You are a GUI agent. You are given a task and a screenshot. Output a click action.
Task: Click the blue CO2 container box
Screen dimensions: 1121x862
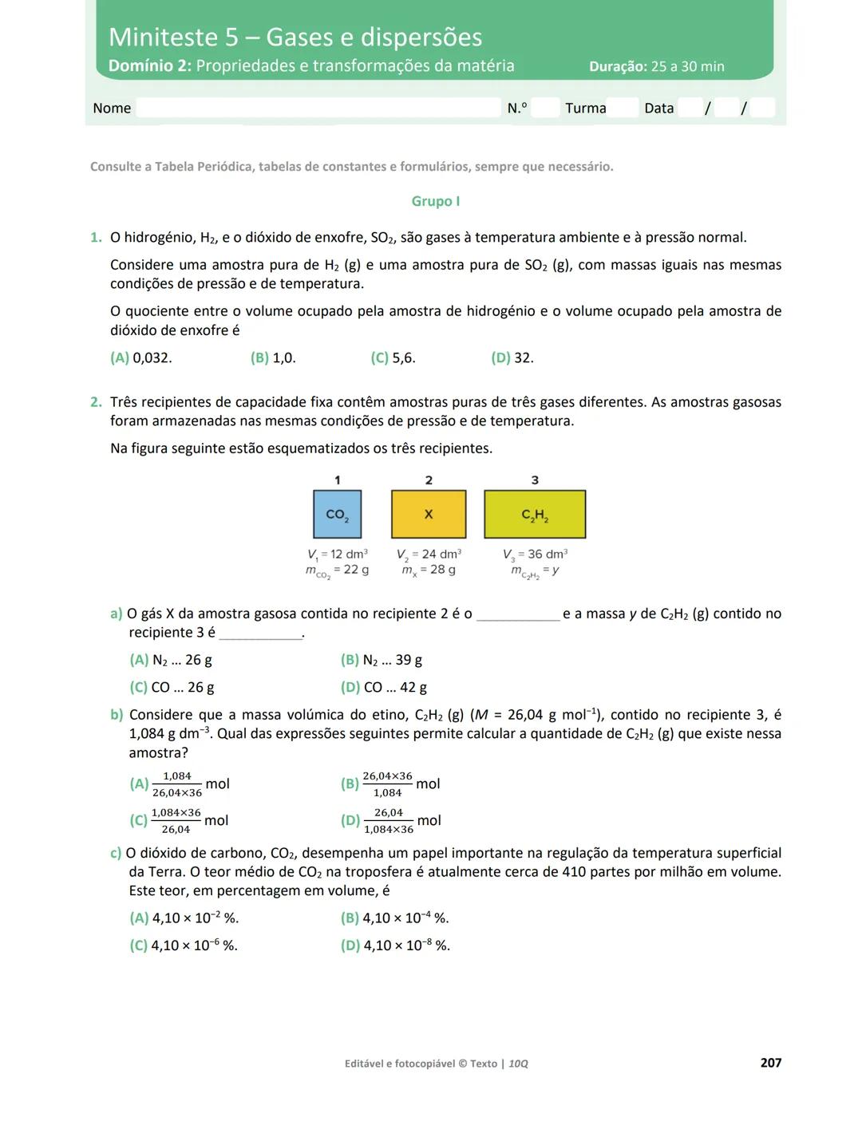(337, 514)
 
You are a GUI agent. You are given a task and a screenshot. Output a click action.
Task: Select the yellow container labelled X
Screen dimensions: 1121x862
(429, 514)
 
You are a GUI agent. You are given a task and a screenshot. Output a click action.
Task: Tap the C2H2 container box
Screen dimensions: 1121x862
(535, 514)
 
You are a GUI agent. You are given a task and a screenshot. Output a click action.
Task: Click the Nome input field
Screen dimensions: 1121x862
(318, 108)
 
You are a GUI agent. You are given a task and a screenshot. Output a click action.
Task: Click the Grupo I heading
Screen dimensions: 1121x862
(435, 201)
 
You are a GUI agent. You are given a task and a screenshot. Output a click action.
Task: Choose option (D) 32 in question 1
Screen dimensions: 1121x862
(512, 358)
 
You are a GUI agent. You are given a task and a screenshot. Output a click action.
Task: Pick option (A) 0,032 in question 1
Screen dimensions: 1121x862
(141, 358)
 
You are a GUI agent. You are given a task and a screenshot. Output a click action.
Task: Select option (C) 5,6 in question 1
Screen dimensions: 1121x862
(393, 358)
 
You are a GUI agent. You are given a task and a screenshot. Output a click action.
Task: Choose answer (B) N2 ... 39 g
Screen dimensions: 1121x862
(382, 660)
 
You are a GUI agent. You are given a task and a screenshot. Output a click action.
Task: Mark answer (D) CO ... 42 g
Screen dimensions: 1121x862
(384, 687)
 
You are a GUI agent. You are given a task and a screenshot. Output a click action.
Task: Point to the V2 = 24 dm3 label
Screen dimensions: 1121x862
(429, 554)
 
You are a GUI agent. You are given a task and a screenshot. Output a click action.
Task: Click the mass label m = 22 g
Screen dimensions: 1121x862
(337, 570)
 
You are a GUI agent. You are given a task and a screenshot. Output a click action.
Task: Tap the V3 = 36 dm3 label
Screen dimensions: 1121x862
(535, 554)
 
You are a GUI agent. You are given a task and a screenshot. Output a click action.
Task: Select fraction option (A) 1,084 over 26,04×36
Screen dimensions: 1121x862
(180, 784)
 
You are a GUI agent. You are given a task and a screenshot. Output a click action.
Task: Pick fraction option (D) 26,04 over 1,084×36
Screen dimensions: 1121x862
(390, 821)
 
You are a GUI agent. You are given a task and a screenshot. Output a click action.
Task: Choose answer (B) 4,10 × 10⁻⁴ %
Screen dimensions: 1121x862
(395, 918)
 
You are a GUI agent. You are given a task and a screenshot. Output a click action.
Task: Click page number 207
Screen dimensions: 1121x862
(770, 1063)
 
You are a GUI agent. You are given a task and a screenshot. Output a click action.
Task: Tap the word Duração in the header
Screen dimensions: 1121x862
(617, 67)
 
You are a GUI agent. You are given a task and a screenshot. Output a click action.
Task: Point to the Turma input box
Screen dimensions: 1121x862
(623, 108)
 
